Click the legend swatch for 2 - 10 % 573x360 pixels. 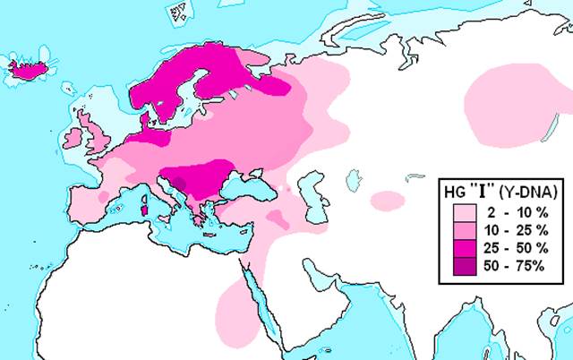(465, 213)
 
